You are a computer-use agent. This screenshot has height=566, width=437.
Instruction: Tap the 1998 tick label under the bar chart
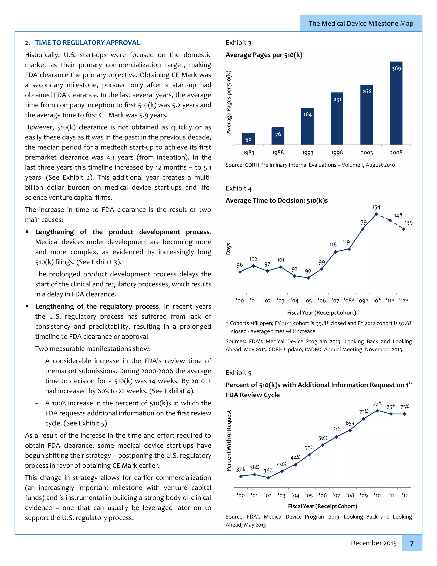click(337, 153)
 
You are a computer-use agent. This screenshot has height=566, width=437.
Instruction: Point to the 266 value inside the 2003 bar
click(367, 91)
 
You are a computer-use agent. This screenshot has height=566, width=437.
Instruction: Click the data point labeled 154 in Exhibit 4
click(376, 214)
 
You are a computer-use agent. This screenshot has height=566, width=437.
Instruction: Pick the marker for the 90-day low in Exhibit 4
click(308, 278)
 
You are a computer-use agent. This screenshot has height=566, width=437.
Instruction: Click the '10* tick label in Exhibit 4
click(376, 301)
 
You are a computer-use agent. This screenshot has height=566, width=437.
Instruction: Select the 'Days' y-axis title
click(228, 249)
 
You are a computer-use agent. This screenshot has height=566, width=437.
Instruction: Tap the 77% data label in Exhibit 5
click(377, 404)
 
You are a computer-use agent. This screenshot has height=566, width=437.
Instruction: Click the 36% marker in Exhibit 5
click(268, 478)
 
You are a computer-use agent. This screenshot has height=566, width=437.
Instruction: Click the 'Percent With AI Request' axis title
click(229, 441)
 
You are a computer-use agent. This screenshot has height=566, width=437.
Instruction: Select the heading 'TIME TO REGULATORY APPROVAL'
click(87, 43)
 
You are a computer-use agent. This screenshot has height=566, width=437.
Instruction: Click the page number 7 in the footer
click(412, 543)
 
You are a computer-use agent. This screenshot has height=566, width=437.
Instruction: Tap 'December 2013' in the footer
click(373, 543)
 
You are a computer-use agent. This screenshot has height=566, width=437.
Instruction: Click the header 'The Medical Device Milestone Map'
click(361, 23)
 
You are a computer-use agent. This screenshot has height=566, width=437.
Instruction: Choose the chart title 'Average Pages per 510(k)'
click(264, 55)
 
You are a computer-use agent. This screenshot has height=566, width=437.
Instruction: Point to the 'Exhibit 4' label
click(238, 188)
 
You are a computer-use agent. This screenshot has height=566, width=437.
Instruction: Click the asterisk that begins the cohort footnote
click(227, 323)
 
